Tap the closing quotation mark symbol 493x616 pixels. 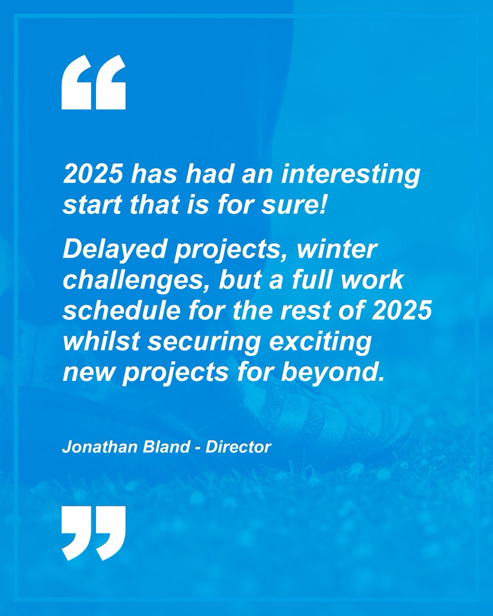[x=93, y=532]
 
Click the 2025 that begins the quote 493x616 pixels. [x=91, y=176]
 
